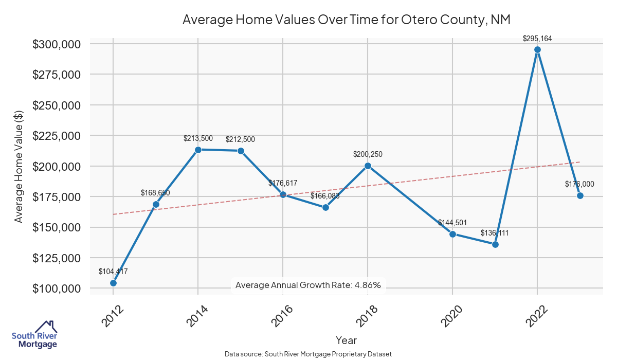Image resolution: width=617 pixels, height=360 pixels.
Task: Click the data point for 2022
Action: [537, 50]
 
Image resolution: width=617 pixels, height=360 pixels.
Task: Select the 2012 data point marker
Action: [113, 283]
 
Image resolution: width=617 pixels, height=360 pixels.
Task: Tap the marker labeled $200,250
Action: [368, 166]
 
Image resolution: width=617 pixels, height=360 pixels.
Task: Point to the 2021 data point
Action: [495, 244]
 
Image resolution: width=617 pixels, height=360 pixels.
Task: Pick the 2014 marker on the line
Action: [198, 150]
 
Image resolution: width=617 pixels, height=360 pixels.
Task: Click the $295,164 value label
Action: [537, 38]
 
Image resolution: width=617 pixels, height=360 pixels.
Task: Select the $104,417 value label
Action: [113, 272]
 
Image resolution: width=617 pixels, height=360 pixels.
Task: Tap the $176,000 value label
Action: [579, 184]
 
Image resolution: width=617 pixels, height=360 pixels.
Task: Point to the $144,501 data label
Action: [452, 223]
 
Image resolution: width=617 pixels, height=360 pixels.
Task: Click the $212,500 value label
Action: [240, 139]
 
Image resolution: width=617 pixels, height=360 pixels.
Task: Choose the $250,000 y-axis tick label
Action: [57, 105]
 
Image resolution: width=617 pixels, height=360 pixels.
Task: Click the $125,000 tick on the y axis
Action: [57, 258]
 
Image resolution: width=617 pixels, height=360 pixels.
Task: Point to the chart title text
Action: [346, 21]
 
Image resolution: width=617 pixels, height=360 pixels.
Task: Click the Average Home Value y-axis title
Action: [19, 166]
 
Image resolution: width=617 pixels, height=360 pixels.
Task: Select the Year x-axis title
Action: [346, 340]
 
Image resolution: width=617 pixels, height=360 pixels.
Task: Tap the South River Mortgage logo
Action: [34, 335]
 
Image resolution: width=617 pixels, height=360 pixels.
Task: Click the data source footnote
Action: [308, 354]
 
